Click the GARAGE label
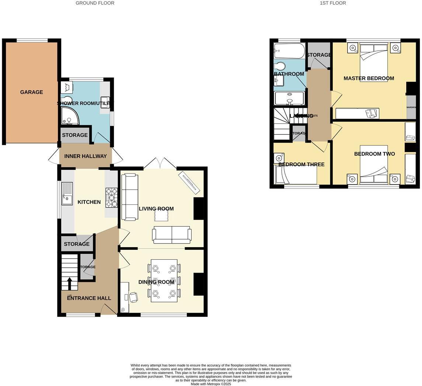pos(31,92)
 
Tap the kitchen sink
pos(67,193)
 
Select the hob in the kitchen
pos(111,198)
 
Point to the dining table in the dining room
pos(164,281)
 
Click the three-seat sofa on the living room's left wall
pos(129,197)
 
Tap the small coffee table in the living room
pos(161,215)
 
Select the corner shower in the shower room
pos(69,116)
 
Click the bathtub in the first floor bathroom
pos(289,51)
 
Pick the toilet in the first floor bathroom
pos(280,66)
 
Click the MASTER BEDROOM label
pos(369,78)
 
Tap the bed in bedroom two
pos(374,165)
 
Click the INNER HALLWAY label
pos(86,156)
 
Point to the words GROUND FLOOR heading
pos(95,3)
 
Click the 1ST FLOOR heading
pos(333,3)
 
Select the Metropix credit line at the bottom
pos(210,384)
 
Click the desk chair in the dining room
pos(133,297)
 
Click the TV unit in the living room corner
pos(189,182)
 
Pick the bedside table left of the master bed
pos(353,48)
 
